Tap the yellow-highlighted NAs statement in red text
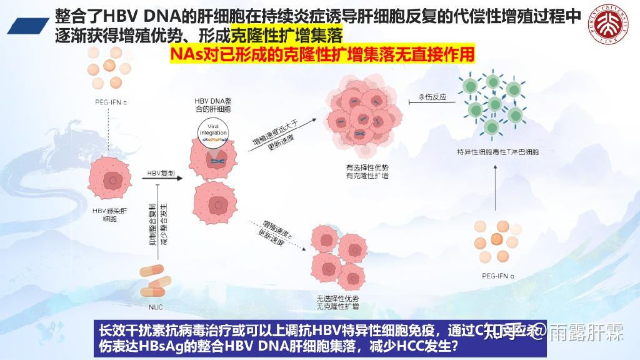322,55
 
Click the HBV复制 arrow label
161,172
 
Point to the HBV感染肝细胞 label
109,214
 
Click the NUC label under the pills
155,307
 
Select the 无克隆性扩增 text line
338,307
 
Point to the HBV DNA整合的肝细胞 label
213,105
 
